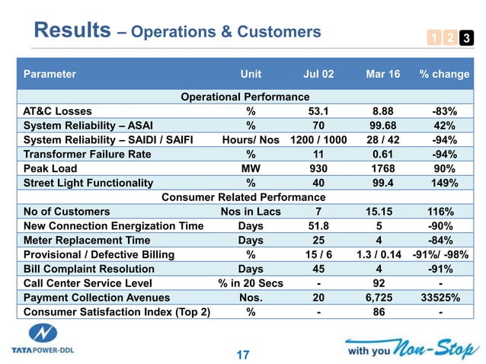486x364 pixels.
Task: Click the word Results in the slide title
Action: [x=72, y=30]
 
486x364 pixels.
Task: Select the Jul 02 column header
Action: [x=318, y=75]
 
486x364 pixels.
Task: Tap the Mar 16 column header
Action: [x=381, y=75]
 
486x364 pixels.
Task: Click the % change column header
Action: [x=444, y=75]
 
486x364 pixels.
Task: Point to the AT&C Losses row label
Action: [x=58, y=111]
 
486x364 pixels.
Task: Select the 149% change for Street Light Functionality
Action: [x=443, y=183]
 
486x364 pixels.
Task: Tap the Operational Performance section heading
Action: [x=245, y=97]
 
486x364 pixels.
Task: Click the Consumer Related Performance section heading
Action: [x=244, y=197]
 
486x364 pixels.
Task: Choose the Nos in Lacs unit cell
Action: [x=251, y=212]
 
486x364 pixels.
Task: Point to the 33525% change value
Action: [x=440, y=298]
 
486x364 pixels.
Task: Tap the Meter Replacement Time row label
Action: [x=88, y=241]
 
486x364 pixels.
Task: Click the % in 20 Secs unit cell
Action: [x=251, y=283]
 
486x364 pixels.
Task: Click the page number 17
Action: [x=243, y=354]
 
